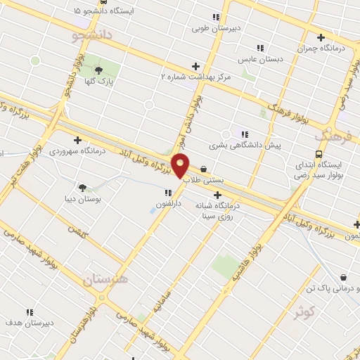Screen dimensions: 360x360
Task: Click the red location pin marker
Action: point(181,165)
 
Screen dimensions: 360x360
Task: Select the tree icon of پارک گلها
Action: point(98,70)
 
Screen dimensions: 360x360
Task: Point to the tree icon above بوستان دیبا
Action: point(83,188)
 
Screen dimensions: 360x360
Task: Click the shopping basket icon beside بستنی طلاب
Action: point(203,169)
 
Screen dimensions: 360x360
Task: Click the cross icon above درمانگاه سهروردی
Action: point(77,140)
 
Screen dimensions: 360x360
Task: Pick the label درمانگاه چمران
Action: point(321,49)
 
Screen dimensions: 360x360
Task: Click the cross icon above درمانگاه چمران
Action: point(321,37)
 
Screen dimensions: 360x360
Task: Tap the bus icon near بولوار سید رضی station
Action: point(319,155)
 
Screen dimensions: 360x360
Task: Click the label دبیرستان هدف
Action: point(30,323)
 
